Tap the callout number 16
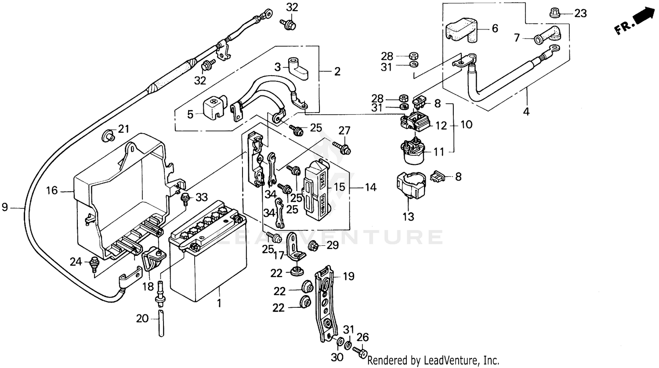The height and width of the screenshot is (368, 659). [52, 191]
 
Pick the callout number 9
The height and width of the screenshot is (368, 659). [5, 207]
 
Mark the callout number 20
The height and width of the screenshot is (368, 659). [142, 318]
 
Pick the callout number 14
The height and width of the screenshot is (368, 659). [370, 188]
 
